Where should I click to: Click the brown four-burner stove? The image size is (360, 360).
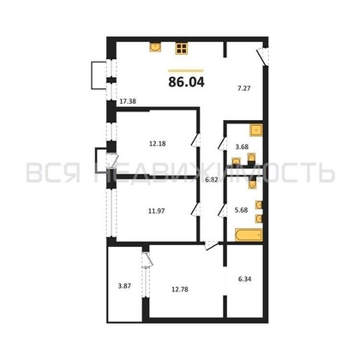pos(183,49)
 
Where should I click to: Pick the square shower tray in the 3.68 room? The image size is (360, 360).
pos(255,131)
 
